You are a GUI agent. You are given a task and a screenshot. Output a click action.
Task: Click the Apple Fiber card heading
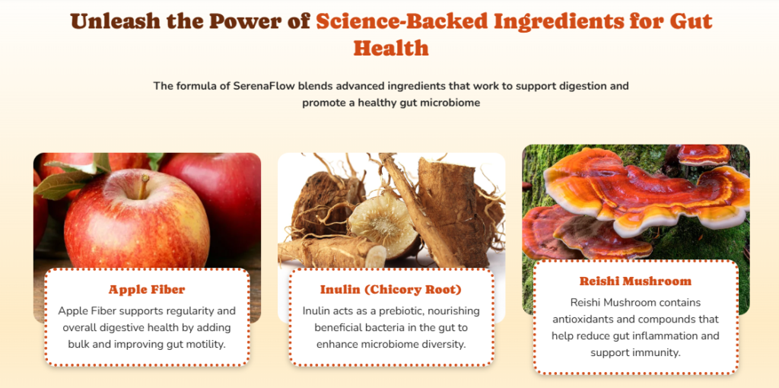click(x=147, y=289)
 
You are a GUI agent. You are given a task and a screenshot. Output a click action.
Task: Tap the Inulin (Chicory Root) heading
click(x=391, y=289)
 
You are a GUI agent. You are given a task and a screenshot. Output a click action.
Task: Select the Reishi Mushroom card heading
click(x=635, y=281)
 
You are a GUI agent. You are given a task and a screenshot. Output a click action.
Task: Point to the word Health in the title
click(x=391, y=48)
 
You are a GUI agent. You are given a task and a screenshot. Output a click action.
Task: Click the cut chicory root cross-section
click(x=383, y=225)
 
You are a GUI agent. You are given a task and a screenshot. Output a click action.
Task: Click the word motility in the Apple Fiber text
click(x=207, y=344)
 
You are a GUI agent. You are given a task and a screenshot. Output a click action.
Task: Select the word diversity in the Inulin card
click(x=444, y=344)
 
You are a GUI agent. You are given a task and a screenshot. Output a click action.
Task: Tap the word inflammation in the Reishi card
click(x=664, y=336)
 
